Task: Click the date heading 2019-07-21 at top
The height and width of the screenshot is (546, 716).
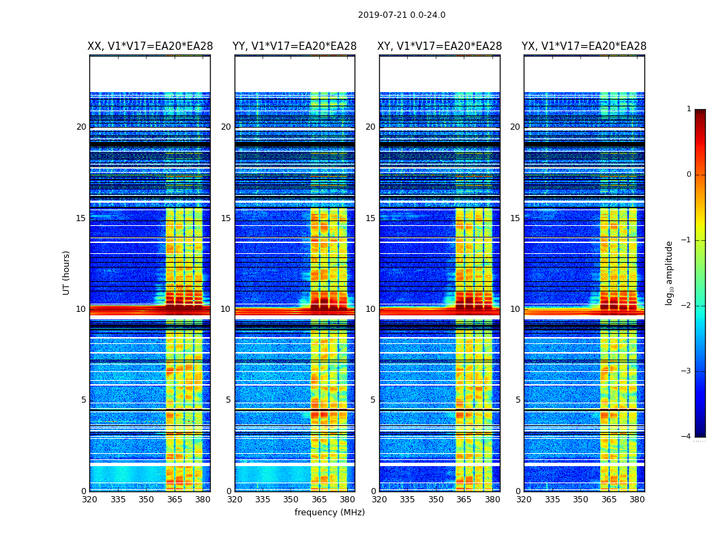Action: coord(401,15)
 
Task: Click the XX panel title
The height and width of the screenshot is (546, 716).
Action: coord(150,46)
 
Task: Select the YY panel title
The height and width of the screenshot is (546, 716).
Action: coord(295,46)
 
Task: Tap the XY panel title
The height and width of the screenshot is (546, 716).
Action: coord(440,46)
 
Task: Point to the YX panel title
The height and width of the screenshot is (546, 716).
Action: coord(584,46)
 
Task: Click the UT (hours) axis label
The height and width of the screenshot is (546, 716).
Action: coord(67,272)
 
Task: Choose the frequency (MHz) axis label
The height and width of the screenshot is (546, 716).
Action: coord(329,513)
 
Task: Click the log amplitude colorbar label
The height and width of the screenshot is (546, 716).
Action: coord(670,272)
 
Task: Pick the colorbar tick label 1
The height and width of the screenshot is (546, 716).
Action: coord(688,109)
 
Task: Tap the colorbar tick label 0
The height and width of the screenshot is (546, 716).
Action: coord(688,175)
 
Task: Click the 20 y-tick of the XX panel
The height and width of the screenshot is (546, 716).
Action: coord(81,127)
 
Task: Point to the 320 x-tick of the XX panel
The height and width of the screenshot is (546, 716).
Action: coord(89,500)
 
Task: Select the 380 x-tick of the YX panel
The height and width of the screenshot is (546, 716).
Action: coord(637,500)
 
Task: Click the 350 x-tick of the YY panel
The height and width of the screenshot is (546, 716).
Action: coord(291,500)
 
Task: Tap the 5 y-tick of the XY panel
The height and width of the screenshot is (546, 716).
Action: coord(373,400)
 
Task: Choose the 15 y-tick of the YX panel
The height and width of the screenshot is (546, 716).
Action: coord(516,218)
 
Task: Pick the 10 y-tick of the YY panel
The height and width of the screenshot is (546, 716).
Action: coord(226,309)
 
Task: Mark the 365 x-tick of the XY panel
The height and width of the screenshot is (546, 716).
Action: coord(464,500)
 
